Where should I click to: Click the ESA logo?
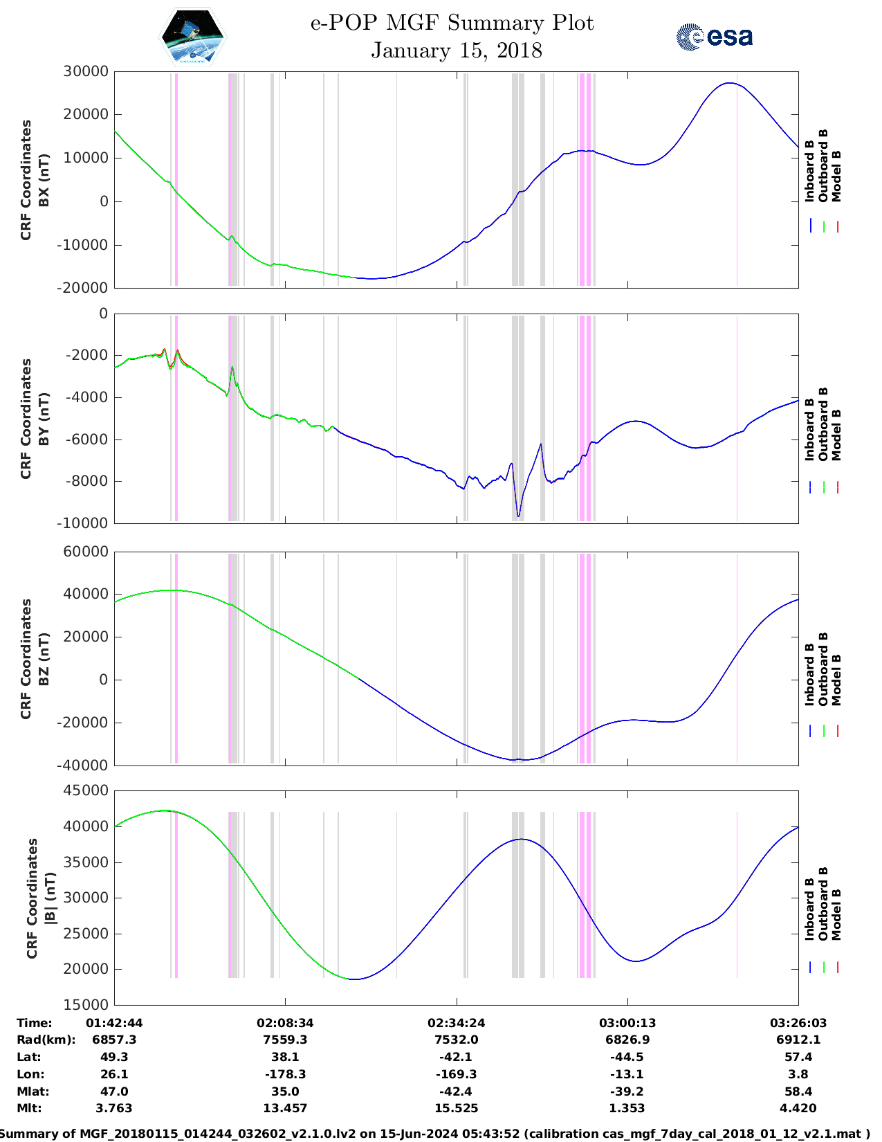coord(714,37)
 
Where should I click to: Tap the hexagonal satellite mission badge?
coord(193,37)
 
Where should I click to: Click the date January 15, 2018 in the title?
coord(456,51)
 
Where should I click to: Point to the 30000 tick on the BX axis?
coord(85,71)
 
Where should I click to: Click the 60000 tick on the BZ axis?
coord(85,552)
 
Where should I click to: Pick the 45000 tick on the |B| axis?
coord(85,790)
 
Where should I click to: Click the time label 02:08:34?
coord(285,1022)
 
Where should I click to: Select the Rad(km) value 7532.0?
coord(456,1040)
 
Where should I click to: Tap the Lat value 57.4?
coord(798,1057)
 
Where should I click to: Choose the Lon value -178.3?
coord(285,1074)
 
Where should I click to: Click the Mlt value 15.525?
coord(456,1108)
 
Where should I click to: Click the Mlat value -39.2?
coord(627,1091)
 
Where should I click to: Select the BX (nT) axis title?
coord(44,180)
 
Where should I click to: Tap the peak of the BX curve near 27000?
coord(729,83)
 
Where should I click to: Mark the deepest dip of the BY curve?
coord(518,516)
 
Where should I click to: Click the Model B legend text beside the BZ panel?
coord(836,680)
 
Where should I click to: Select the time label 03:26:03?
coord(798,1022)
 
